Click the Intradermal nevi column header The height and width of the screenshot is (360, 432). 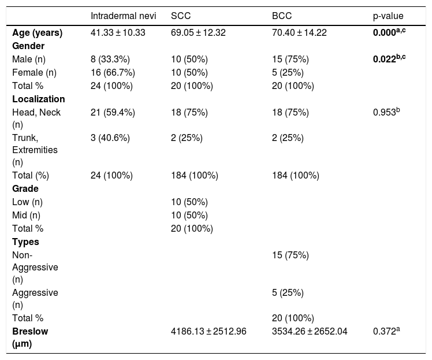(x=123, y=16)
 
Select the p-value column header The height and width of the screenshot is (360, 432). (x=388, y=16)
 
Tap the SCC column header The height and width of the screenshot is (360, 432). (x=181, y=16)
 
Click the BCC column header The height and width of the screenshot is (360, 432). (x=282, y=16)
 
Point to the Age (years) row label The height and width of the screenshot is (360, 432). (x=37, y=33)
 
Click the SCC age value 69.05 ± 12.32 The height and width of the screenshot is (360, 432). (x=198, y=32)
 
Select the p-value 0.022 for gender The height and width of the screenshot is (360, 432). (x=389, y=59)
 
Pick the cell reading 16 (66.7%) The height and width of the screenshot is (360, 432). (x=113, y=72)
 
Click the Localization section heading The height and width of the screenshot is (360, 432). (x=39, y=99)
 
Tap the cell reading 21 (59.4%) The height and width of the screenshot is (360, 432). (x=113, y=113)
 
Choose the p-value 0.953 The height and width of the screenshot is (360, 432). (x=386, y=112)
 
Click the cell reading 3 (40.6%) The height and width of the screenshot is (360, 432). (x=110, y=138)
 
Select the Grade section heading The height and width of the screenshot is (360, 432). (x=25, y=188)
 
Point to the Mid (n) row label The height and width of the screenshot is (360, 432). (x=26, y=216)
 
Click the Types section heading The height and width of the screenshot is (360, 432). (x=25, y=242)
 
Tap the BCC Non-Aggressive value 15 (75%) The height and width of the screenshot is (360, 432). (x=291, y=255)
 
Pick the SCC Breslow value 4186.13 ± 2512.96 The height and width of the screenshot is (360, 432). (x=208, y=331)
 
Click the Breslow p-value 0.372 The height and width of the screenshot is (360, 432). (x=386, y=331)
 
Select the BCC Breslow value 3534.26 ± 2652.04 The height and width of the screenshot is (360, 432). (x=310, y=331)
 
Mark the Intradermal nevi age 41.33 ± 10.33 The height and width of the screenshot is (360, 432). (x=118, y=32)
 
